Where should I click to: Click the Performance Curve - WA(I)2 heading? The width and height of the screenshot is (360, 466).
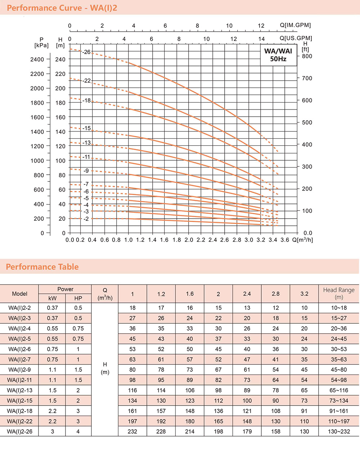(x=62, y=8)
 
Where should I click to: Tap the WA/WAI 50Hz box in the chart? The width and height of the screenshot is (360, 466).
(x=278, y=55)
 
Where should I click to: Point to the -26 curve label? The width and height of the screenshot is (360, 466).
(x=86, y=52)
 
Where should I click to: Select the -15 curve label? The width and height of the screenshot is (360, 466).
(x=86, y=128)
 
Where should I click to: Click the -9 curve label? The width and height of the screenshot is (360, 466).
(x=86, y=171)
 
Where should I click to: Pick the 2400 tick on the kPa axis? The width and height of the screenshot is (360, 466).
(x=37, y=59)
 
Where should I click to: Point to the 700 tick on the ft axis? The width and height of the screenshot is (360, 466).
(x=307, y=78)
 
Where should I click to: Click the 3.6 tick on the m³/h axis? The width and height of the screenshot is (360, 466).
(x=284, y=240)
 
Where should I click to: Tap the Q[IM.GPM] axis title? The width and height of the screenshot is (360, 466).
(x=295, y=25)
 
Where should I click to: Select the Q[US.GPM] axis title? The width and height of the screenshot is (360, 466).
(x=296, y=38)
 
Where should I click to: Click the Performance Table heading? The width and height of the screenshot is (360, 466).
(x=42, y=267)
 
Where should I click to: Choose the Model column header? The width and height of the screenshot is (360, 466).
(x=19, y=294)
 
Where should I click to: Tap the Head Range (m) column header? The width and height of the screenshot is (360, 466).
(x=339, y=294)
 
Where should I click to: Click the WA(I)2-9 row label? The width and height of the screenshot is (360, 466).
(x=19, y=369)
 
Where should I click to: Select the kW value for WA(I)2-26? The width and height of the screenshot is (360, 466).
(x=53, y=431)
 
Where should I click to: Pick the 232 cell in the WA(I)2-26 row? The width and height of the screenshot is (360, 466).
(x=132, y=431)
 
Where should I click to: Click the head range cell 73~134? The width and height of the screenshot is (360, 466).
(x=339, y=400)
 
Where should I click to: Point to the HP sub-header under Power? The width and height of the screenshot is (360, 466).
(x=78, y=298)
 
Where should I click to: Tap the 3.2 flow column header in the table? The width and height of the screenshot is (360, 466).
(x=304, y=294)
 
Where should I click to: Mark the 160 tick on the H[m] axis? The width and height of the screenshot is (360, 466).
(x=60, y=117)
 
